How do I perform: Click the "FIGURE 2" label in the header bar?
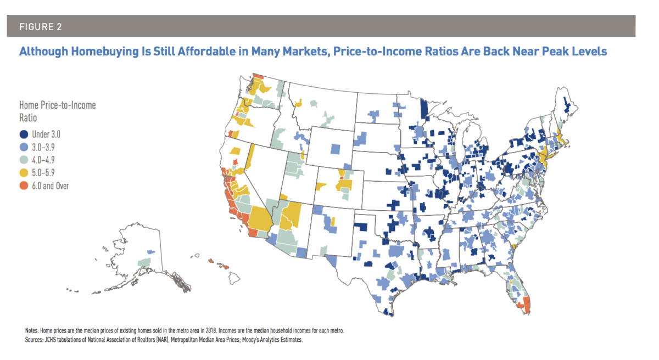(x=37, y=26)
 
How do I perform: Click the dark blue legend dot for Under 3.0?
(x=24, y=134)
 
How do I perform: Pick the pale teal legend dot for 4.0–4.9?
(x=24, y=160)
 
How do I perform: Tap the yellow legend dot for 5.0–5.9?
(x=24, y=173)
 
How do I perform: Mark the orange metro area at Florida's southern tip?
(x=526, y=305)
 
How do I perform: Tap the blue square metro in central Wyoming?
(x=336, y=149)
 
